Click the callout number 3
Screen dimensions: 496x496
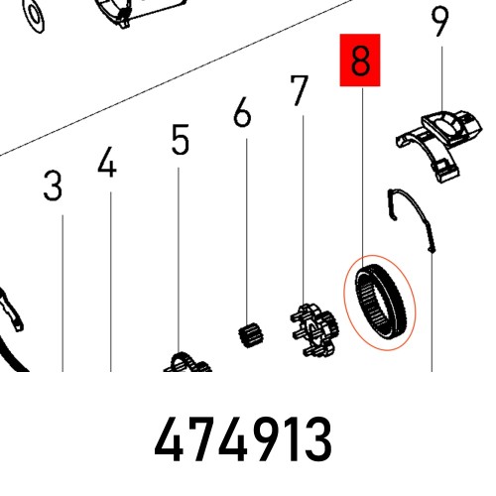pyautogui.click(x=53, y=186)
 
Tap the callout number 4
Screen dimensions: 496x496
pyautogui.click(x=107, y=162)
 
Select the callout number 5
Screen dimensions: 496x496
pyautogui.click(x=181, y=139)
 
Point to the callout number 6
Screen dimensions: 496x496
pyautogui.click(x=242, y=112)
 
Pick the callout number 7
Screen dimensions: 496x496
pyautogui.click(x=300, y=91)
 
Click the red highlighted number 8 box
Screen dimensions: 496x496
pyautogui.click(x=360, y=60)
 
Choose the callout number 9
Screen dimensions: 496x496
pyautogui.click(x=440, y=22)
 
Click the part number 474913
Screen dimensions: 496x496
pyautogui.click(x=243, y=438)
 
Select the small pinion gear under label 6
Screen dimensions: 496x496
pyautogui.click(x=251, y=335)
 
